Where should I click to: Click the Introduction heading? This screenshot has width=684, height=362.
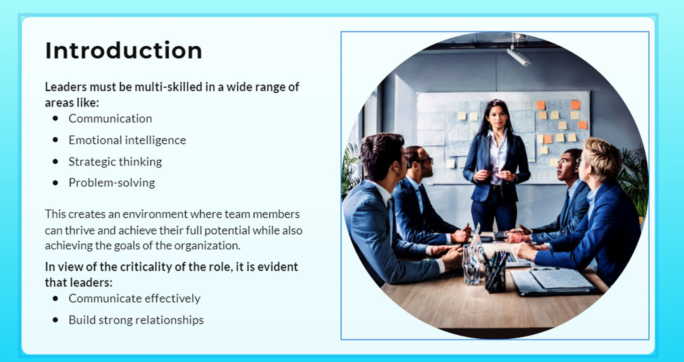(124, 50)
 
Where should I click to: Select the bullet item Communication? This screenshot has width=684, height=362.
(110, 118)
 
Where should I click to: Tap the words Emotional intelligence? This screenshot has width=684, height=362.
(127, 140)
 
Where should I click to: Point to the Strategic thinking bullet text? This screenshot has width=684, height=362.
(115, 162)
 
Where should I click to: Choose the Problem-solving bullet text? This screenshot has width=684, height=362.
(112, 182)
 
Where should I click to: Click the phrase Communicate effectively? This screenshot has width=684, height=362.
(134, 298)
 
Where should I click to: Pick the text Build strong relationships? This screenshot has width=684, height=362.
(136, 320)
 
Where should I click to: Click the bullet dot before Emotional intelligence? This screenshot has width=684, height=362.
(56, 140)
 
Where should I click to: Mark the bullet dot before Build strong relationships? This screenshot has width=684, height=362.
(56, 320)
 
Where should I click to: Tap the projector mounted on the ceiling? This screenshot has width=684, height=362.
(519, 56)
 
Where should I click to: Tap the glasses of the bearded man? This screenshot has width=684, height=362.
(426, 161)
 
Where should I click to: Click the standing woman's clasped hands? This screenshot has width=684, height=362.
(494, 175)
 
